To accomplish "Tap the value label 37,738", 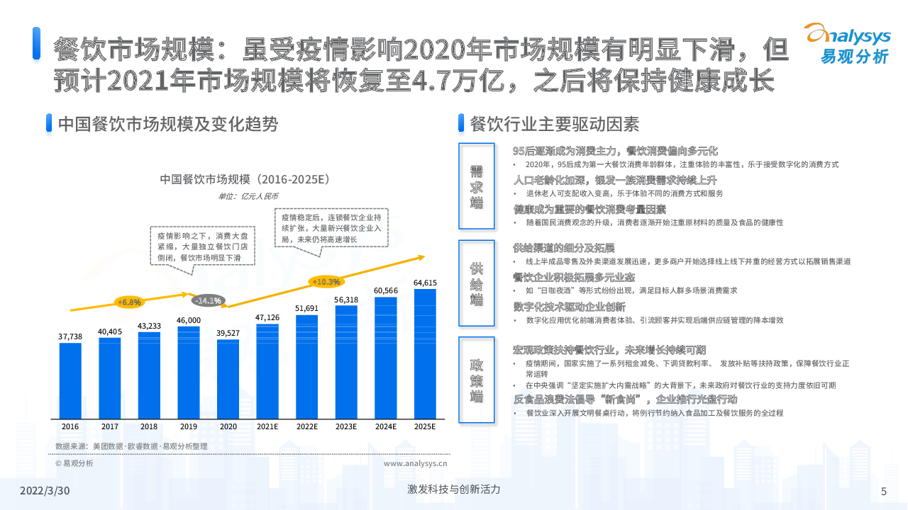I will [x=70, y=336].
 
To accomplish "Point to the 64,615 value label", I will [x=425, y=283].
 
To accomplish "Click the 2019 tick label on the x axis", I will [x=189, y=426].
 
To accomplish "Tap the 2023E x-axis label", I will [x=346, y=426].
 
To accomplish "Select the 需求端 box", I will [x=476, y=186].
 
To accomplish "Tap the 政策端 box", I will [x=476, y=380].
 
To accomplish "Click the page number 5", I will [x=883, y=491].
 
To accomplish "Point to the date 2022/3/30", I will [x=45, y=491].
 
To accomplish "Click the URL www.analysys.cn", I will [x=415, y=464].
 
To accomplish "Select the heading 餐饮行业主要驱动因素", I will [x=554, y=124].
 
